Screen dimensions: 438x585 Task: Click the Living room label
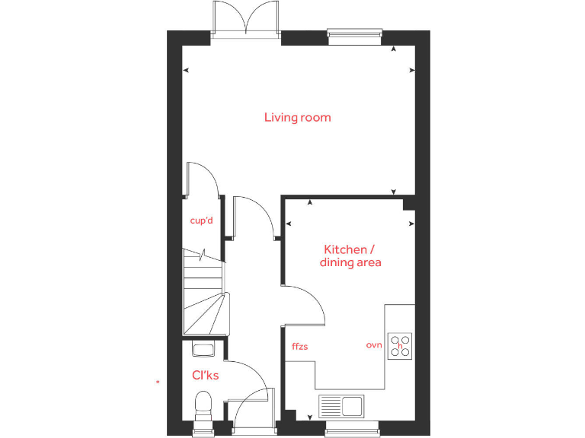click(297, 117)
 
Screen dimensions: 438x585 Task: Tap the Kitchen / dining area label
click(350, 255)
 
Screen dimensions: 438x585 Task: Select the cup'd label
click(201, 221)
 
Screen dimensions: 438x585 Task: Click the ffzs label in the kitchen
click(299, 346)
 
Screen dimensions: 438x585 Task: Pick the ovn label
click(373, 345)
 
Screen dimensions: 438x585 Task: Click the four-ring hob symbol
click(400, 345)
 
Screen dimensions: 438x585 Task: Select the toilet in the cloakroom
click(203, 404)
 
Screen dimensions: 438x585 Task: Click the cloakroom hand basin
click(203, 350)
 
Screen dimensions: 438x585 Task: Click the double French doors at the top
click(246, 18)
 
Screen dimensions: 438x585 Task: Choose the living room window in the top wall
click(354, 33)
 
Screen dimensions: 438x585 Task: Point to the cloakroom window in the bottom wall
click(203, 433)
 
